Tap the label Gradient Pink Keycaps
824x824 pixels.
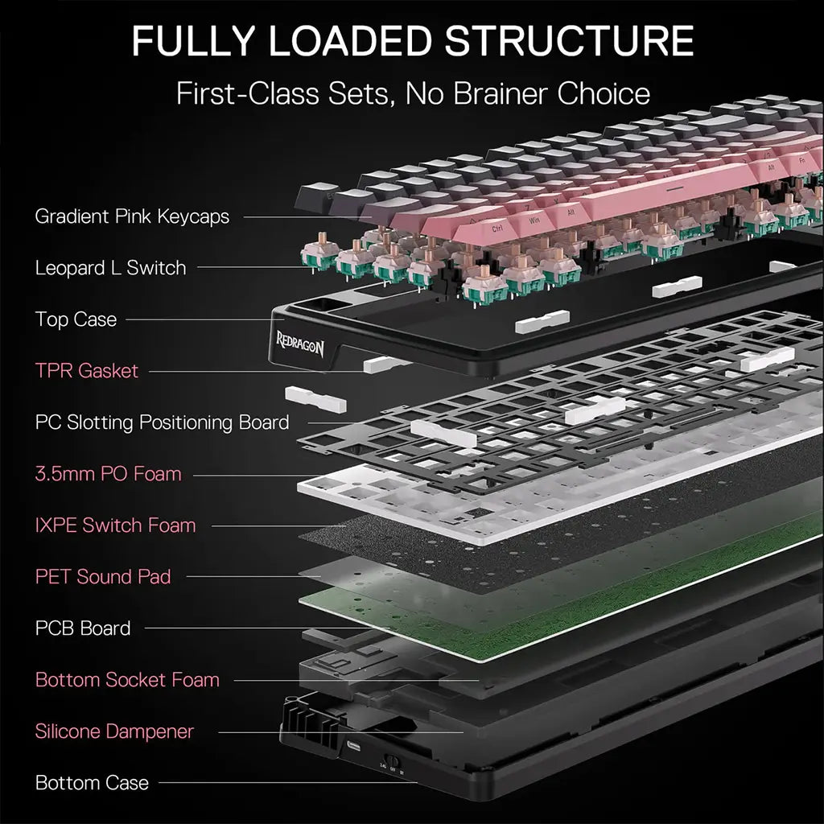(132, 216)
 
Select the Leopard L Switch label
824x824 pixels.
(110, 268)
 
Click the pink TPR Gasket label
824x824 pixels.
(87, 371)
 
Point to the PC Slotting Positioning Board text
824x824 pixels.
(162, 422)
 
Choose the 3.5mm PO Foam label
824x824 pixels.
(109, 474)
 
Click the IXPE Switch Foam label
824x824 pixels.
(115, 525)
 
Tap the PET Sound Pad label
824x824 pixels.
(103, 577)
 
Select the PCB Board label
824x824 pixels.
(83, 628)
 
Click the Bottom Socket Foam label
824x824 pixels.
(127, 680)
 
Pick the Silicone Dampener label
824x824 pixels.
(114, 731)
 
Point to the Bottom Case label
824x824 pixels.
(92, 783)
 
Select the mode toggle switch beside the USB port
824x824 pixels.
(392, 760)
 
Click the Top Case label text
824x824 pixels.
(76, 319)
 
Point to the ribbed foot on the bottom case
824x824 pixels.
(306, 717)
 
